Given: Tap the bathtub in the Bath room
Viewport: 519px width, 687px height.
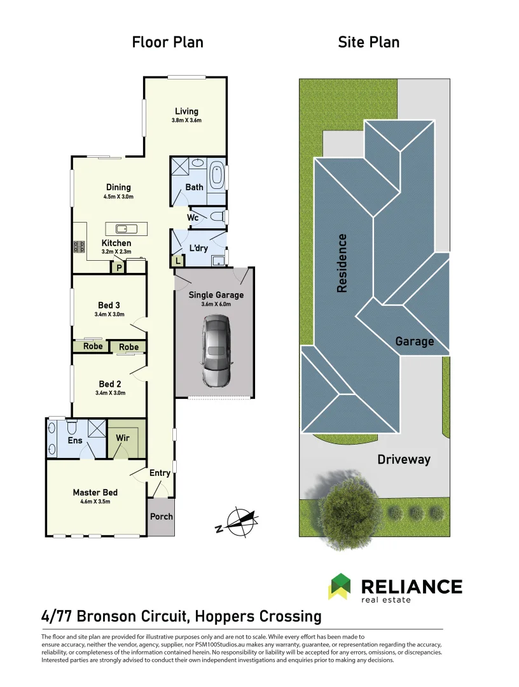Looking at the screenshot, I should coord(216,176).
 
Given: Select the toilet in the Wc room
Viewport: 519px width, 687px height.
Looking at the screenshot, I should coord(216,217).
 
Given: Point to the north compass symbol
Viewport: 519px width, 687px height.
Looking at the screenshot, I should coord(237,520).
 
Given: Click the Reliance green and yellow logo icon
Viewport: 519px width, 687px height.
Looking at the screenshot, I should coord(339,586).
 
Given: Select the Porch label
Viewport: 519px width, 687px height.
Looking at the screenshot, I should coord(161,517).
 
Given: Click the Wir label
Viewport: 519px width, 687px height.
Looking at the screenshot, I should coord(123,438).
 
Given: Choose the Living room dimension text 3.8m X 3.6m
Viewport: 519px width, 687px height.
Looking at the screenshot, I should coord(186,121).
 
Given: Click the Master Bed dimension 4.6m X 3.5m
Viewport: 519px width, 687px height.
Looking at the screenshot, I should coord(95,502).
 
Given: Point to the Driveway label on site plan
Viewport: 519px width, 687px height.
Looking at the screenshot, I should coord(404,459).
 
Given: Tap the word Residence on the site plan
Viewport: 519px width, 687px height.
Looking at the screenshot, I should coord(342,263).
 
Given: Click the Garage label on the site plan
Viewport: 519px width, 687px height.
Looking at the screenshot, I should coord(415,342).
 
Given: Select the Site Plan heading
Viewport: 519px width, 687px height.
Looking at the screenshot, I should coord(369,43).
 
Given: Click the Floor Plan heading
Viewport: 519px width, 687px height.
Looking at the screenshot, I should coord(168,43).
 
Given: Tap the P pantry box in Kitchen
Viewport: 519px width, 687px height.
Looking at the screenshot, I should coord(118,268).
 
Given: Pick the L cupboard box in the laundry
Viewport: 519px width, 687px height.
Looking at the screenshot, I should coord(177,261).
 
